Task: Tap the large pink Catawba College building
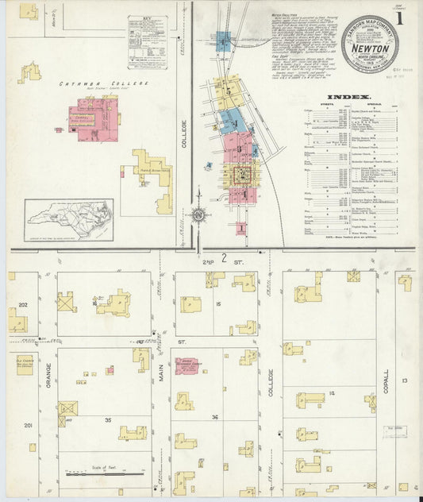click(93, 120)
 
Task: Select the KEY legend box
click(148, 42)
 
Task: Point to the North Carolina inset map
click(69, 219)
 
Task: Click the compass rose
click(198, 214)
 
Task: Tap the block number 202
click(23, 305)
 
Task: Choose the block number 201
click(28, 427)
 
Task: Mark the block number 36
click(214, 417)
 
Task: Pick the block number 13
click(404, 381)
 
